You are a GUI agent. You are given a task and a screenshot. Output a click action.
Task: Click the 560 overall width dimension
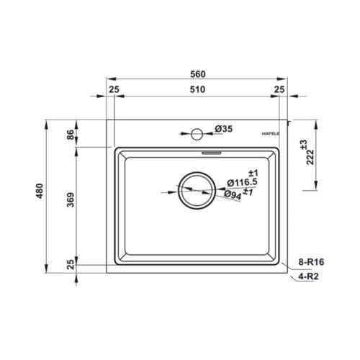(198, 74)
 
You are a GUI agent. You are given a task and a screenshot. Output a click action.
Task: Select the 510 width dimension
(197, 89)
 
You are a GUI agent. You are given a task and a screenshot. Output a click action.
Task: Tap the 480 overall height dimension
(40, 191)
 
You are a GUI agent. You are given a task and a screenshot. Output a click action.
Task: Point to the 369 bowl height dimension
(71, 199)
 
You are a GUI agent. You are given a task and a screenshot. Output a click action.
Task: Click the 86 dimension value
(71, 135)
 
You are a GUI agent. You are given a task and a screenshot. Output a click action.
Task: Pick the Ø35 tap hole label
(224, 129)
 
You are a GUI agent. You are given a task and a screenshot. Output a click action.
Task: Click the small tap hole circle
(197, 134)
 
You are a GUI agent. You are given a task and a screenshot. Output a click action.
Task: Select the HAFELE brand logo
(271, 134)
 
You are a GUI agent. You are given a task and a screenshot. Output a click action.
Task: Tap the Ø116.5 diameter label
(242, 183)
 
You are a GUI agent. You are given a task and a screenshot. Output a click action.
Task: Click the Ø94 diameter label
(233, 195)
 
